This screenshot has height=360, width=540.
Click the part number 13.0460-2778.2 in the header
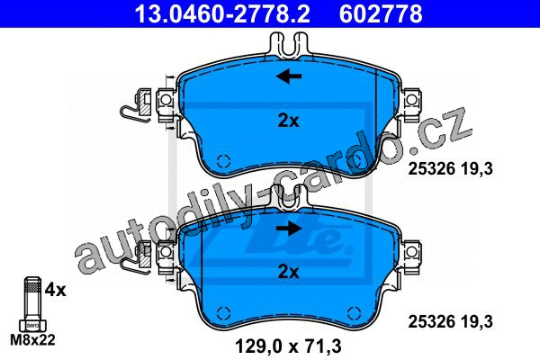[222, 13]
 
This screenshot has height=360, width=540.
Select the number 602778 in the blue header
[381, 13]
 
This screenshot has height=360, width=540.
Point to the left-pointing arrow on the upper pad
[289, 76]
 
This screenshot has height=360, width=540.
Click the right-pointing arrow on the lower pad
[289, 228]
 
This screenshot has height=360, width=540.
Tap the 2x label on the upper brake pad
[289, 121]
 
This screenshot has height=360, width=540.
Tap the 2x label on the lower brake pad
[289, 272]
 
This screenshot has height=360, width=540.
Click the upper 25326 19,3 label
[451, 169]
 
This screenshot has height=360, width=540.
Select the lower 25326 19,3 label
[451, 322]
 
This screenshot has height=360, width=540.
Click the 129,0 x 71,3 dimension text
[288, 346]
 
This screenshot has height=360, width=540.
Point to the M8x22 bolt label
[32, 340]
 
